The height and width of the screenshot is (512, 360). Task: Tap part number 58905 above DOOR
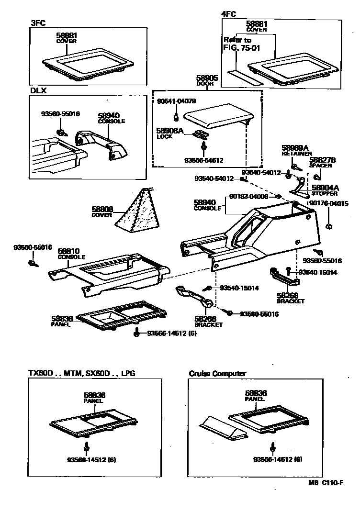pyautogui.click(x=207, y=77)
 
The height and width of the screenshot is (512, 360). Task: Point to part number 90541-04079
pyautogui.click(x=176, y=101)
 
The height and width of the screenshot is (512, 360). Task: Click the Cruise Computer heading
pyautogui.click(x=217, y=373)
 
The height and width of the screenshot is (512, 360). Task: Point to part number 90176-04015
pyautogui.click(x=328, y=203)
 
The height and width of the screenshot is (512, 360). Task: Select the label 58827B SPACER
pyautogui.click(x=323, y=162)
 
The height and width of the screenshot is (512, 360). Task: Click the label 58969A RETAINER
pyautogui.click(x=295, y=150)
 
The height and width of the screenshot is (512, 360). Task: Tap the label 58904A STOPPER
pyautogui.click(x=326, y=190)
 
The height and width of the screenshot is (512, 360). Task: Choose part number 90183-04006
pyautogui.click(x=248, y=196)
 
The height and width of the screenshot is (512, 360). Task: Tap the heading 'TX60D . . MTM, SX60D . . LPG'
pyautogui.click(x=84, y=373)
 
